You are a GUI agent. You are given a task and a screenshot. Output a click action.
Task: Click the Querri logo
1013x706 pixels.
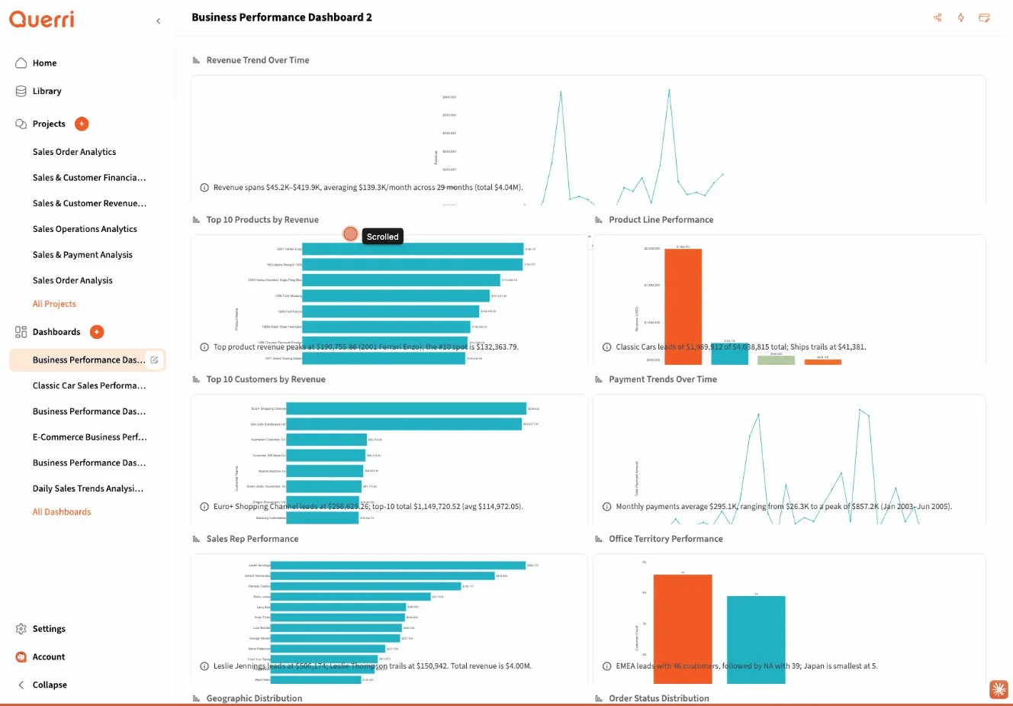[42, 19]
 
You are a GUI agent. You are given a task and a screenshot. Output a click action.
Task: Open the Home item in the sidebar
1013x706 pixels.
[44, 63]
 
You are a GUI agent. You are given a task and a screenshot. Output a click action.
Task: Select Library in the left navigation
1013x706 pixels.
[47, 92]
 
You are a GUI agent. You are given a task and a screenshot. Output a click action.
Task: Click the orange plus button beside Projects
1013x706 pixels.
[82, 124]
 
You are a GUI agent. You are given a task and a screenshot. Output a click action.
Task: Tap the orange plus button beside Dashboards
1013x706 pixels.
[97, 332]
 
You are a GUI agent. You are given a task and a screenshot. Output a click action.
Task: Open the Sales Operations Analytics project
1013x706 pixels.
[85, 229]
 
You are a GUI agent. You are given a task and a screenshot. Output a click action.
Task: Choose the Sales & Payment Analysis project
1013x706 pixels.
[82, 255]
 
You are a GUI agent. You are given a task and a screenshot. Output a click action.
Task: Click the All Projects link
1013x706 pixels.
[54, 304]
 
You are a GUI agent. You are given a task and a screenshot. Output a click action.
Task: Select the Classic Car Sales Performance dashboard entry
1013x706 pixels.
[88, 385]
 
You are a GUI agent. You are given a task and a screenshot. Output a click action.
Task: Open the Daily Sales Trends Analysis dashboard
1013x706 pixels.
[88, 488]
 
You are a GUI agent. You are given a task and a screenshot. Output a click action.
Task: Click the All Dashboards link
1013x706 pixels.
[62, 512]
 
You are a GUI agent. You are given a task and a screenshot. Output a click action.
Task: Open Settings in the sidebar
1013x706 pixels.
[49, 629]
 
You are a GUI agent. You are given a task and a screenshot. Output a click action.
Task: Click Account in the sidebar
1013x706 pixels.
[49, 657]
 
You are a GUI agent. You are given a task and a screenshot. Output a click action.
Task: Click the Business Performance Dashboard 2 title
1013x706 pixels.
[281, 18]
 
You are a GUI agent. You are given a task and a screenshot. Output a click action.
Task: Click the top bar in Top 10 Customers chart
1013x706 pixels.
[406, 408]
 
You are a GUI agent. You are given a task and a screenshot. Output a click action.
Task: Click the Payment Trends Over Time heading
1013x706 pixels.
[662, 379]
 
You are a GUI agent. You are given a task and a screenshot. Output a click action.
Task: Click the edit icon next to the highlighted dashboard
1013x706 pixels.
[154, 360]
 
